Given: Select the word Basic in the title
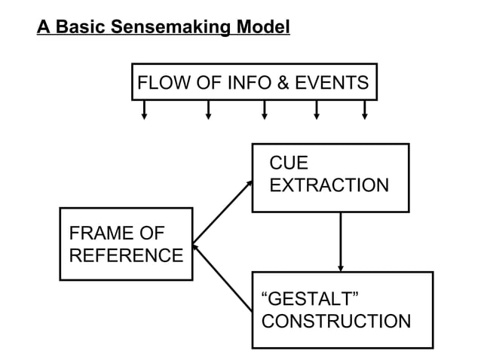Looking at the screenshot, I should point(79,29).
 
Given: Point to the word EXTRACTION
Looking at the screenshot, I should point(329,185).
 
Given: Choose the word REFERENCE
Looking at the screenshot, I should point(126,255).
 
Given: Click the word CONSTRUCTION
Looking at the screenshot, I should point(336,322).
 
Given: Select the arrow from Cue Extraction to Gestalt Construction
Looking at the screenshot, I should point(341,241).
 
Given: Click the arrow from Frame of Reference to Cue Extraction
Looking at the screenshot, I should point(223,212).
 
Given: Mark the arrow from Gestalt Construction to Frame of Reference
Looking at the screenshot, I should point(223,273).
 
